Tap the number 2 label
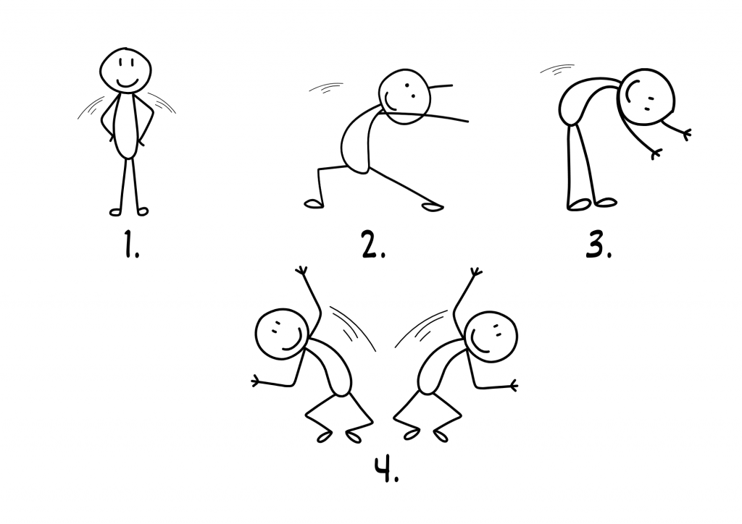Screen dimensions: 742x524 tap(373, 245)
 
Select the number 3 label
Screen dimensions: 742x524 tap(599, 245)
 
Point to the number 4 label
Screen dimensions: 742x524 tap(387, 470)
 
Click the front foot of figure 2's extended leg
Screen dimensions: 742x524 tap(433, 206)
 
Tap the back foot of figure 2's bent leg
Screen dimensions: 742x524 tap(313, 203)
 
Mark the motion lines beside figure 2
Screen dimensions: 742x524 tap(326, 88)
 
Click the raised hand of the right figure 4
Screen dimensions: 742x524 tap(475, 272)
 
